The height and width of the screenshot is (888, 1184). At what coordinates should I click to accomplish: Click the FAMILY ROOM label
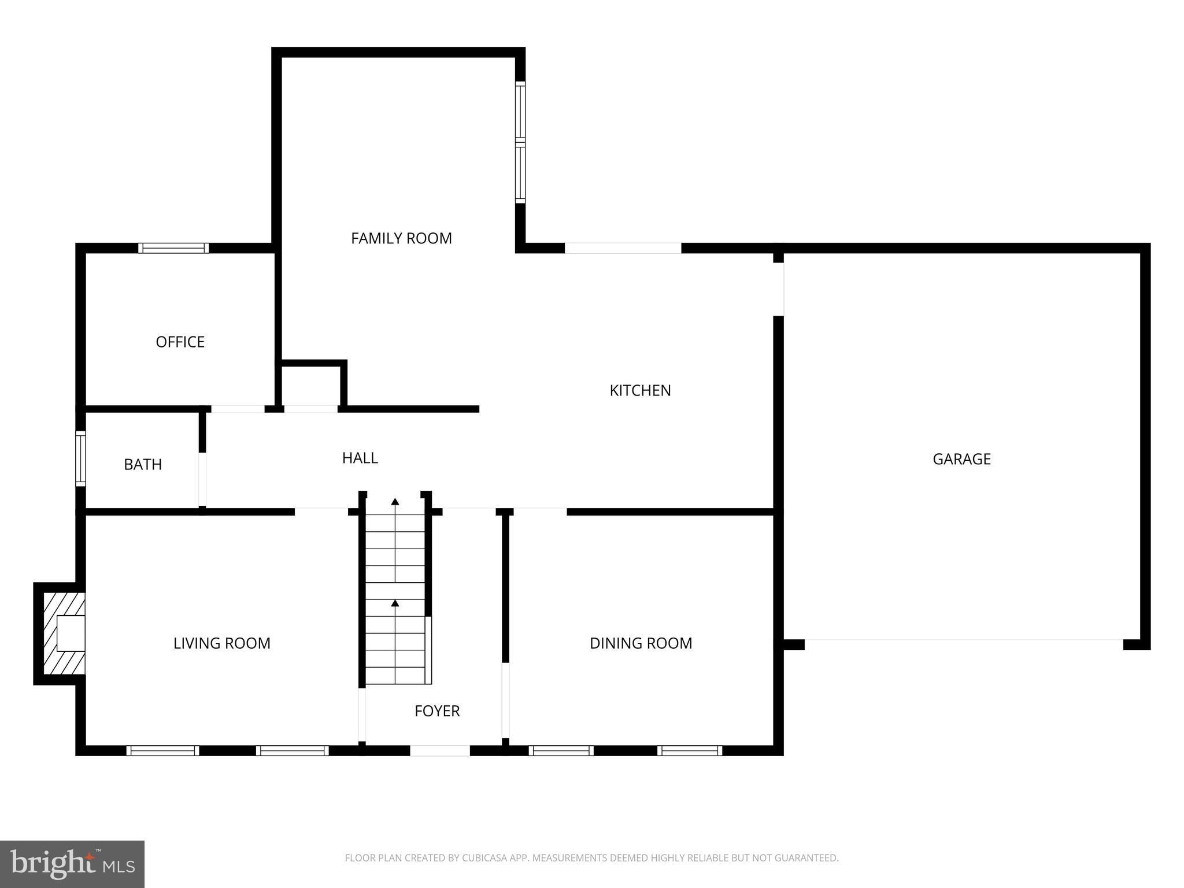pyautogui.click(x=401, y=238)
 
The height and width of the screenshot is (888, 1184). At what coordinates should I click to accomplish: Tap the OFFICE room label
pyautogui.click(x=180, y=342)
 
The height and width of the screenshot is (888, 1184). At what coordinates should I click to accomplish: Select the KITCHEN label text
pyautogui.click(x=640, y=390)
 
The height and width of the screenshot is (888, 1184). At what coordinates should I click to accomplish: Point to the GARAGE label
pyautogui.click(x=961, y=459)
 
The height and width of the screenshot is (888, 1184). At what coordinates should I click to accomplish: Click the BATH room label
pyautogui.click(x=143, y=464)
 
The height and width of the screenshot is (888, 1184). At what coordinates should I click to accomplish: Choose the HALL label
pyautogui.click(x=360, y=458)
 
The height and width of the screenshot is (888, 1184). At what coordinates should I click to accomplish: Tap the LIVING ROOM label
pyautogui.click(x=222, y=643)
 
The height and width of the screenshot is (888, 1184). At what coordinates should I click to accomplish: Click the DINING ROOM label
pyautogui.click(x=641, y=643)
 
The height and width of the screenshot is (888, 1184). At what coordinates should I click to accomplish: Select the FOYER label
pyautogui.click(x=437, y=711)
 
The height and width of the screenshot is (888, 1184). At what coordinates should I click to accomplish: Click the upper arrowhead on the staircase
pyautogui.click(x=395, y=501)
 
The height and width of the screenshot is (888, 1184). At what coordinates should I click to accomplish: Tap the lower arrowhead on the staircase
pyautogui.click(x=395, y=603)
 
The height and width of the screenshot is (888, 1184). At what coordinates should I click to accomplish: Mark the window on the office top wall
pyautogui.click(x=173, y=248)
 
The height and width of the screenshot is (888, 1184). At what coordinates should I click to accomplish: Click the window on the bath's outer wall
pyautogui.click(x=80, y=459)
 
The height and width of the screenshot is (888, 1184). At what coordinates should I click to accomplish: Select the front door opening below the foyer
pyautogui.click(x=439, y=750)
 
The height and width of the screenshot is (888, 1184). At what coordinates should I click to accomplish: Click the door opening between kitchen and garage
pyautogui.click(x=778, y=289)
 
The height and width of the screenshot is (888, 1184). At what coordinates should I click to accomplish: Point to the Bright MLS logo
pyautogui.click(x=72, y=864)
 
